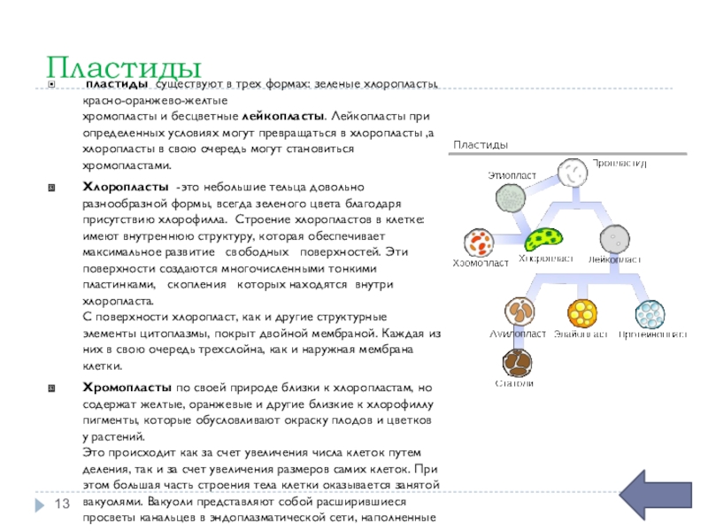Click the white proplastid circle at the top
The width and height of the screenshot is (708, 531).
571,173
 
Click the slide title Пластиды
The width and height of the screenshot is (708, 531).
124,65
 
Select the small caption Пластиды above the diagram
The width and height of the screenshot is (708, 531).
480,144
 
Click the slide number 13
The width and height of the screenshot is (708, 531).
63,504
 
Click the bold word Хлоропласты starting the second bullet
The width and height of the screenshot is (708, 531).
126,189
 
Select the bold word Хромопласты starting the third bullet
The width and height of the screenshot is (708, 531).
127,388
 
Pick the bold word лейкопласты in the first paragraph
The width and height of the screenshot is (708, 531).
281,116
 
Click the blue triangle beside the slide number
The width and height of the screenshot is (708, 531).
39,504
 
